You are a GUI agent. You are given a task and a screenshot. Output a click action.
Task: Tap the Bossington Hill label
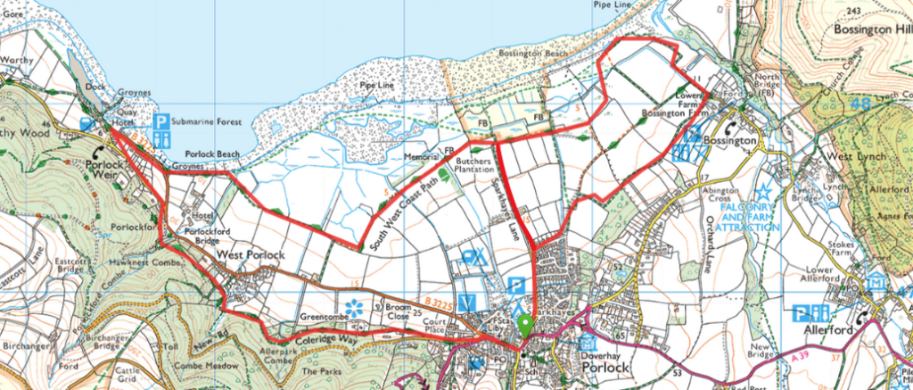click(873, 28)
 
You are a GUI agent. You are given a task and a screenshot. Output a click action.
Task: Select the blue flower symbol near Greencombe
click(354, 308)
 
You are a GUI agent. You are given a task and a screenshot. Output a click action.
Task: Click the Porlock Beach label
click(199, 154)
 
